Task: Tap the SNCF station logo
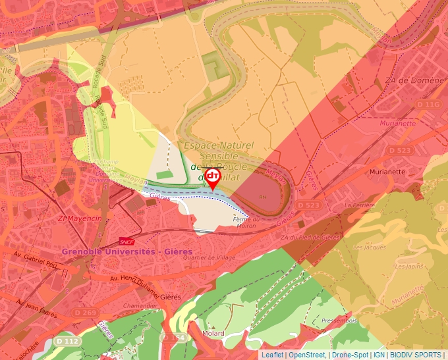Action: (x=127, y=242)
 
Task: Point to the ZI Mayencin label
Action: (x=80, y=218)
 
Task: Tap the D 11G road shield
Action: (x=428, y=105)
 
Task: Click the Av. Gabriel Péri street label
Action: (x=34, y=259)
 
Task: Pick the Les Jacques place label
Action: (x=370, y=247)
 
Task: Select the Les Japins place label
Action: (x=408, y=267)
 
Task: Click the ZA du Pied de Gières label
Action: (x=310, y=237)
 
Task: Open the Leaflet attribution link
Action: (x=272, y=355)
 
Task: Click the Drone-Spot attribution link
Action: (x=349, y=355)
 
